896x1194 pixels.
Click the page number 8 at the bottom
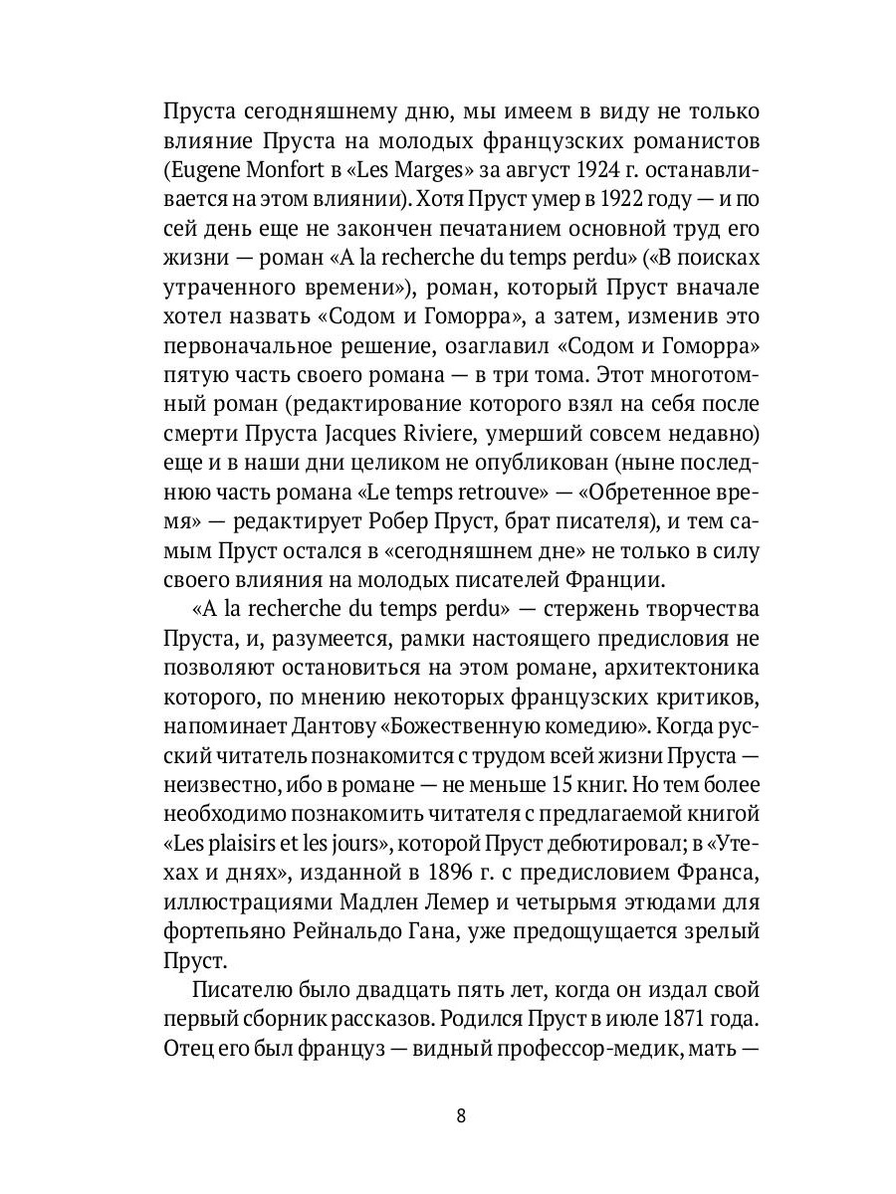(x=461, y=1114)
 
